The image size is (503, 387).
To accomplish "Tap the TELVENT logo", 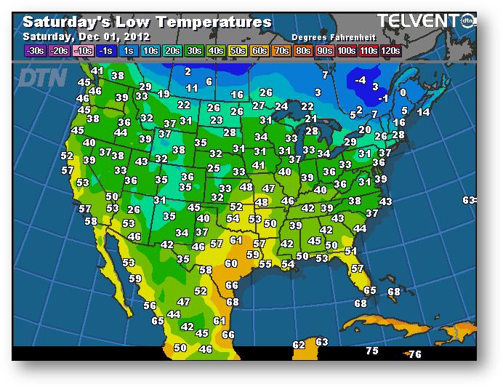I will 420,21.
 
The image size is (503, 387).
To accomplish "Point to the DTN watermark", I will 41,77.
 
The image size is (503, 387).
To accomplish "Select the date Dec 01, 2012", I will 118,36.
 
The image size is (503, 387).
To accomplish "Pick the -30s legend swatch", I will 35,50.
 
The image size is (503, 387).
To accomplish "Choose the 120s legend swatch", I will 390,50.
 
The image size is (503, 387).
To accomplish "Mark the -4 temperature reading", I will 361,81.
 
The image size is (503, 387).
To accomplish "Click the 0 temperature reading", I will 403,92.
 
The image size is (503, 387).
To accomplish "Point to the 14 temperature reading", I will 423,112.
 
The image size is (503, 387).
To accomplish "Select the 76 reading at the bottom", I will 414,354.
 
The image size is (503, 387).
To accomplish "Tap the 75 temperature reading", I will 372,351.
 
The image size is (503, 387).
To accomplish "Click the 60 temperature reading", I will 231,263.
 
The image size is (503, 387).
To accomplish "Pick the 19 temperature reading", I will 164,94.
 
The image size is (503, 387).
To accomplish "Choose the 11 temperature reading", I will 192,88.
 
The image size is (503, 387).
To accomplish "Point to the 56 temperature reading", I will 150,306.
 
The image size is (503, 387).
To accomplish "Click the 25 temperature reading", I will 213,168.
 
